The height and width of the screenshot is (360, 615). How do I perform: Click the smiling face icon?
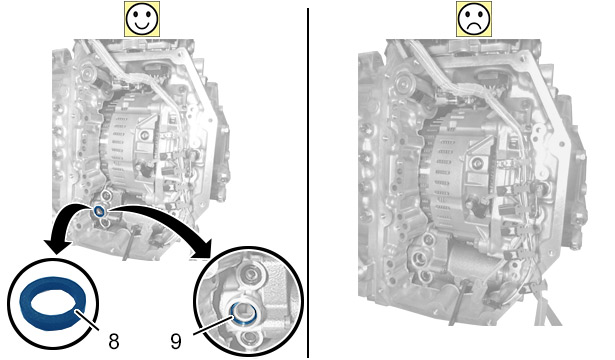[142, 19]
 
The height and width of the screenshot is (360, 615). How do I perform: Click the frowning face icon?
[474, 19]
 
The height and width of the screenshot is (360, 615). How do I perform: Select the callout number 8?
[114, 342]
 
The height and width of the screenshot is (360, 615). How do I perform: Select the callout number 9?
[176, 342]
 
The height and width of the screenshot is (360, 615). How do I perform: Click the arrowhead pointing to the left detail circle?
[57, 245]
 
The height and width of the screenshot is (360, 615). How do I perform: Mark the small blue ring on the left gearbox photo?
[100, 212]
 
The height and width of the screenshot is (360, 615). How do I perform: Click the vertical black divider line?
[308, 183]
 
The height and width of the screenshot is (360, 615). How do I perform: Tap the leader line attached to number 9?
[213, 325]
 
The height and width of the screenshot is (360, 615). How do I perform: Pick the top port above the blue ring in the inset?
[250, 274]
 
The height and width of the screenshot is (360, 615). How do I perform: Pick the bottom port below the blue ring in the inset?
[247, 337]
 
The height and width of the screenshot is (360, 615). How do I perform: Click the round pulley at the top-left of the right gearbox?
[403, 83]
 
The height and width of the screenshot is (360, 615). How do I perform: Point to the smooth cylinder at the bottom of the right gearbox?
[467, 262]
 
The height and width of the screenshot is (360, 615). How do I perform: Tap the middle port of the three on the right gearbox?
[419, 259]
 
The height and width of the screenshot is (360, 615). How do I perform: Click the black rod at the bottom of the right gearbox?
[457, 302]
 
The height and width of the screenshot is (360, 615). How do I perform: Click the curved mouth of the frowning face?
[474, 24]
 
